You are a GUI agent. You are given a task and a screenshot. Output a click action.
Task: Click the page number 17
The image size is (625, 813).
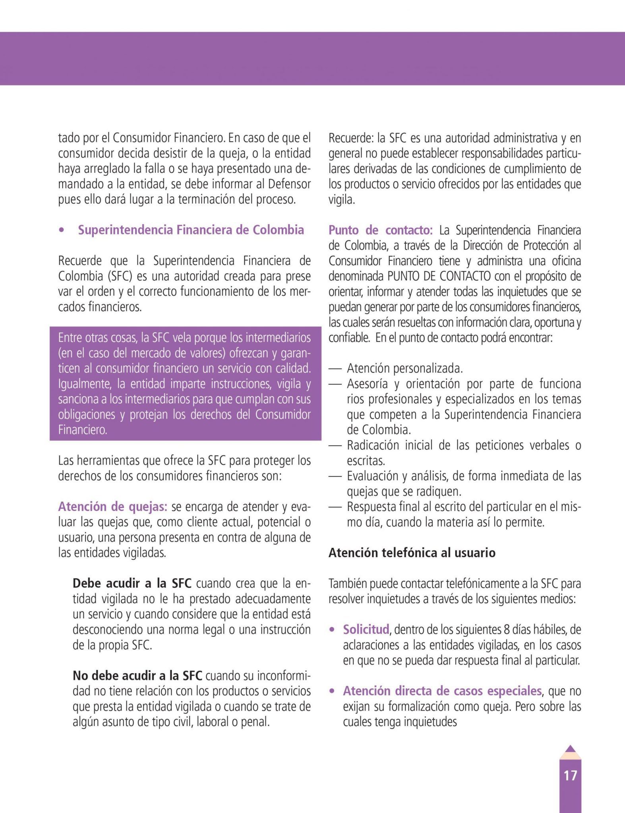tap(570, 775)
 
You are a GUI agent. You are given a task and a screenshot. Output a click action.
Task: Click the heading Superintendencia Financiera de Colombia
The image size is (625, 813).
tap(191, 230)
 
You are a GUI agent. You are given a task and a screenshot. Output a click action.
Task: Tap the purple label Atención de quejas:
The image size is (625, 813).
tap(113, 507)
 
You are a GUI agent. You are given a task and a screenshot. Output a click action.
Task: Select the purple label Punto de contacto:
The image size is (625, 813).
tap(380, 230)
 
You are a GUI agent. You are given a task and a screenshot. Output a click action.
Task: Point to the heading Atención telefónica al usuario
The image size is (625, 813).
tap(412, 553)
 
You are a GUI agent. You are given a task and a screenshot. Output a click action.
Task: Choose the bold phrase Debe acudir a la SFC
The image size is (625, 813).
tap(132, 584)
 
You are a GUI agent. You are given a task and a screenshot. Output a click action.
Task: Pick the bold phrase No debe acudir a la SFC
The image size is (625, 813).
tap(137, 675)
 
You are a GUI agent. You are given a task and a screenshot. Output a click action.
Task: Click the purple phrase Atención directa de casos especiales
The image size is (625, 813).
tap(442, 691)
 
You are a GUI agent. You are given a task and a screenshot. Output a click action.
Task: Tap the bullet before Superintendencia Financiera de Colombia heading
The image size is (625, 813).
tap(61, 231)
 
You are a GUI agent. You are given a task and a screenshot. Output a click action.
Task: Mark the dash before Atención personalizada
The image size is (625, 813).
tap(335, 369)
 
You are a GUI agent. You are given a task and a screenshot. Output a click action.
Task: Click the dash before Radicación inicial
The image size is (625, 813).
tap(335, 445)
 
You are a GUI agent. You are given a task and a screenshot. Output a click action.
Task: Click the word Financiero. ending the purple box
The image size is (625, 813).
tap(83, 430)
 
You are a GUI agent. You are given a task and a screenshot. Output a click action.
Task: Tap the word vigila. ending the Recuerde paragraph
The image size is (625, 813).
tap(341, 200)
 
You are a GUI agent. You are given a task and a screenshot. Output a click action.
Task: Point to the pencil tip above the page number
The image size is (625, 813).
tap(570, 749)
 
